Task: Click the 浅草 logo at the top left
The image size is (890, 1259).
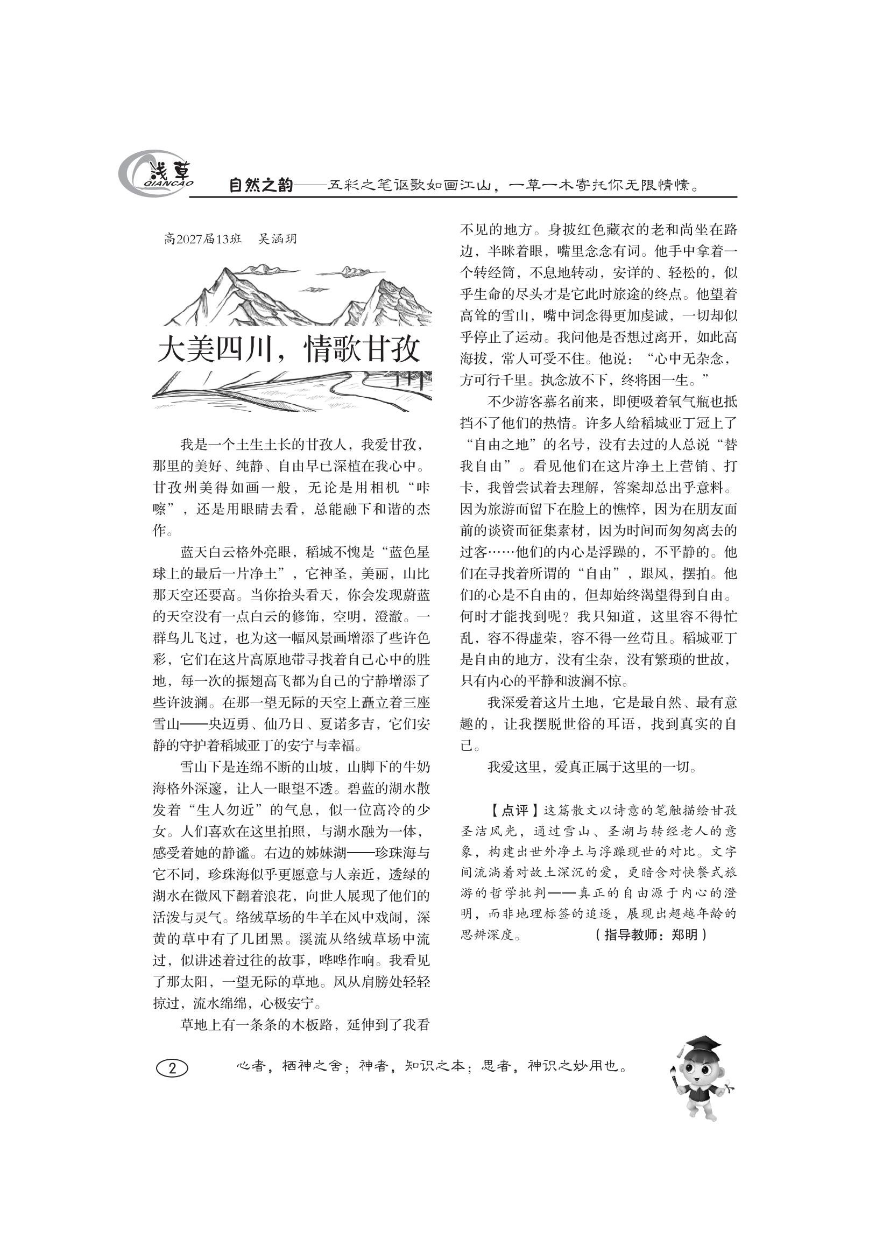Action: (x=156, y=175)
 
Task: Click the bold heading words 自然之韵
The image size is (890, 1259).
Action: (x=260, y=185)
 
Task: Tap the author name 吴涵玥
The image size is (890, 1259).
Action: (x=277, y=239)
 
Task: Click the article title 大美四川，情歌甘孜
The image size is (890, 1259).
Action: (x=289, y=349)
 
